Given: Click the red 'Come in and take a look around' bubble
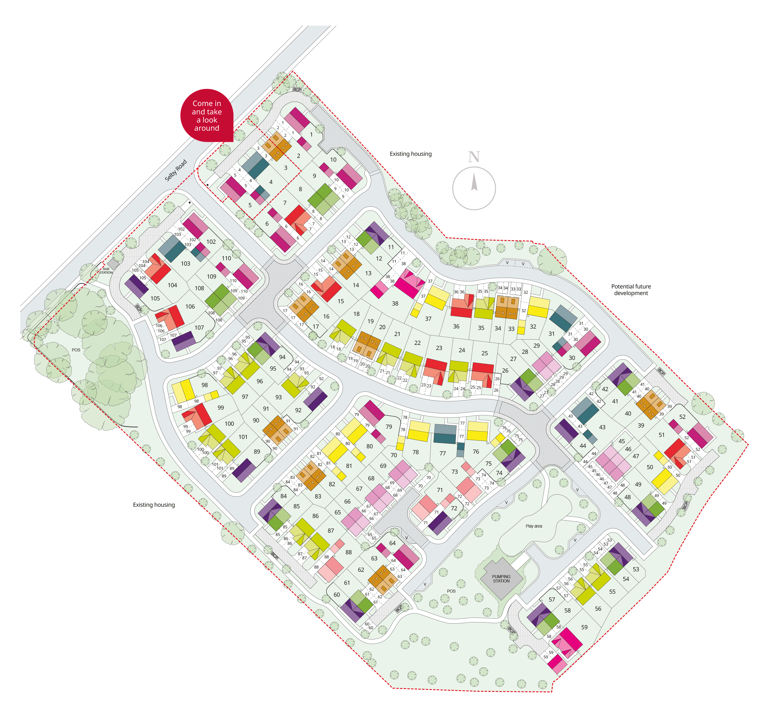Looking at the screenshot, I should [x=207, y=116].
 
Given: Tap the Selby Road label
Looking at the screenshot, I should [x=176, y=170].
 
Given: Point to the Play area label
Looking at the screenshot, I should [x=534, y=526].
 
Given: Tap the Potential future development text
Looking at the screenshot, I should [x=631, y=290].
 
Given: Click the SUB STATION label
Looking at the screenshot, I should [x=106, y=271].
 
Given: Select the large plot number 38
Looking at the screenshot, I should [x=395, y=304].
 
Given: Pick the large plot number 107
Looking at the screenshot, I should [x=199, y=328].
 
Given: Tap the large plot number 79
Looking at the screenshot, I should [x=389, y=427].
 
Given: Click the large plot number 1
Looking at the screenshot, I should [x=312, y=134].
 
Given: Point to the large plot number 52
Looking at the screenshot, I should [x=682, y=417].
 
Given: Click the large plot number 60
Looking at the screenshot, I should [x=337, y=595].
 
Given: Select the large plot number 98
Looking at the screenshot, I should [x=204, y=385].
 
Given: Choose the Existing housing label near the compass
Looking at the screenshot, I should [x=411, y=154].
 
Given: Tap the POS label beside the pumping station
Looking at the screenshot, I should [x=451, y=591].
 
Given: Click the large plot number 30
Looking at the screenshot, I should [x=572, y=358].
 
